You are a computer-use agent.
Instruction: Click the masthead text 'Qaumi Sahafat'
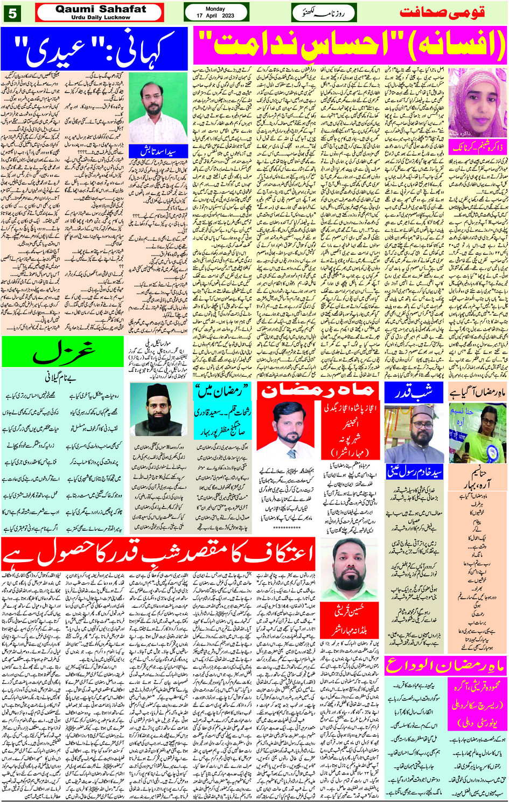(x=101, y=9)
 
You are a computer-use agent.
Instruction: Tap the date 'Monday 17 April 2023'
(x=215, y=12)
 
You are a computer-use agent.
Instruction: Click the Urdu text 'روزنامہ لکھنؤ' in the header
(x=324, y=12)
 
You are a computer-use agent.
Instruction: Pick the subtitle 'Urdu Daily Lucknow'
(x=101, y=17)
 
